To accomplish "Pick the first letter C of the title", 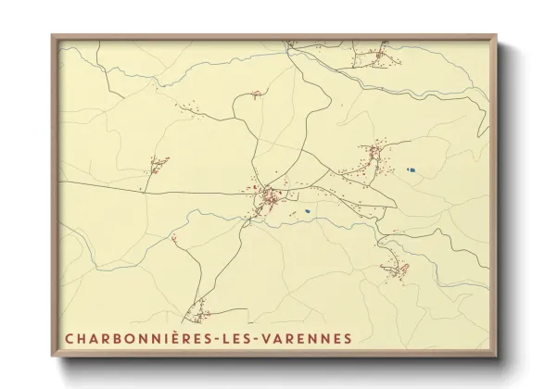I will click(70, 337).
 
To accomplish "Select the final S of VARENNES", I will click(348, 337).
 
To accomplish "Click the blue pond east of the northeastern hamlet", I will click(410, 169).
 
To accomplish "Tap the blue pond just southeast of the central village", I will click(306, 211).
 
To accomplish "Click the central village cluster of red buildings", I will click(268, 196).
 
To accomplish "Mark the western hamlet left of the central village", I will click(158, 166).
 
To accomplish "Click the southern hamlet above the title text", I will click(197, 312).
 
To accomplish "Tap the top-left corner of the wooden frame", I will click(53, 35).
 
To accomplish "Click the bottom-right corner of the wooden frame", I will click(496, 357).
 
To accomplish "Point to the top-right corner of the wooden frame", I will click(496, 35).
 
